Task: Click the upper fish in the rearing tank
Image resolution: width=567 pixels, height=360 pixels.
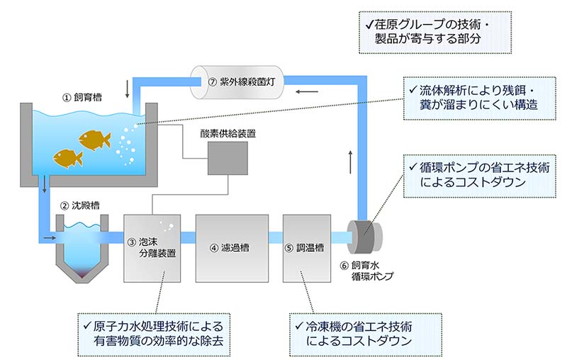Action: coord(94,140)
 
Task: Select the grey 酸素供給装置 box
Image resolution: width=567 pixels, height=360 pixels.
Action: coord(228,157)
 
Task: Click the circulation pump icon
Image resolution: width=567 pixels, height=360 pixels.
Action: coord(366,236)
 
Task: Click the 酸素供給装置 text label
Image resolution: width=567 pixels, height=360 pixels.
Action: coord(228,133)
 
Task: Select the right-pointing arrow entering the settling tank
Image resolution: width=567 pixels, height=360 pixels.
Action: coord(47,239)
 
